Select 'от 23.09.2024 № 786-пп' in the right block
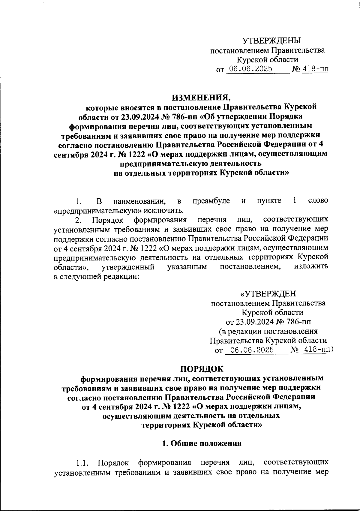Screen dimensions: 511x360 click(x=268, y=322)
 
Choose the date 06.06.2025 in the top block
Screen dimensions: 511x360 click(x=250, y=69)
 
